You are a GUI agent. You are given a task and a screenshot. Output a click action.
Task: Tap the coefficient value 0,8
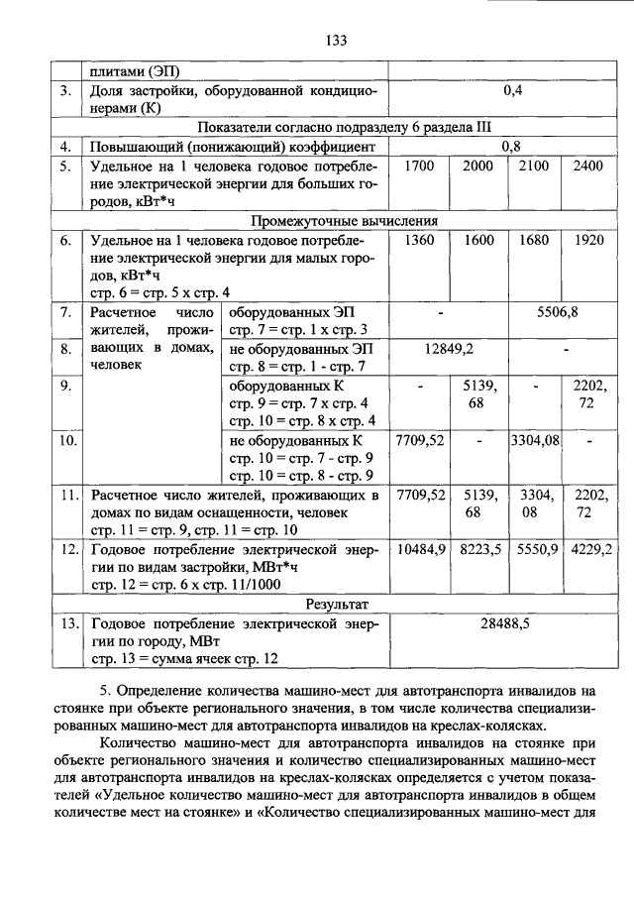(x=513, y=146)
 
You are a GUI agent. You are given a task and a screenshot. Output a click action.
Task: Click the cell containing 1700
(x=420, y=166)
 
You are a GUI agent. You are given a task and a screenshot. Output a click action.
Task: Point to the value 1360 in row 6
(x=420, y=240)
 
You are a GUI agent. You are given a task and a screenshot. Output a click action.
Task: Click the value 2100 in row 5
(x=533, y=166)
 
